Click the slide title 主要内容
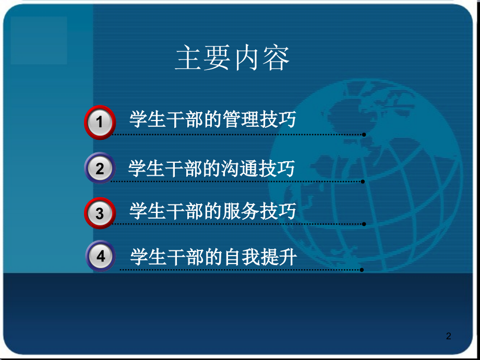pos(232,58)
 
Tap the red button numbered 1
pos(100,122)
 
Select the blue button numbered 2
pos(100,168)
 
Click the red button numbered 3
pos(100,213)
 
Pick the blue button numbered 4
pos(100,256)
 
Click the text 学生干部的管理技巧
pos(212,119)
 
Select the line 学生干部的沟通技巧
pos(211,168)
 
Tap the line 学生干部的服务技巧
pos(212,211)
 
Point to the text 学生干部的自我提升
pos(213,257)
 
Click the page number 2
pos(449,336)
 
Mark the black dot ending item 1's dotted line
pos(364,135)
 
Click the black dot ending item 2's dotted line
pos(363,182)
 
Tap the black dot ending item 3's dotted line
pos(364,224)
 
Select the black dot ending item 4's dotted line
pos(362,270)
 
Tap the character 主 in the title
pos(188,58)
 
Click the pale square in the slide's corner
pos(39,40)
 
